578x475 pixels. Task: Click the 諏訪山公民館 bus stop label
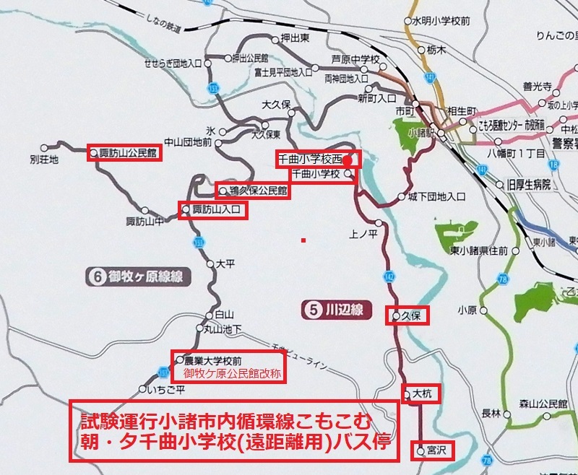[x=126, y=153]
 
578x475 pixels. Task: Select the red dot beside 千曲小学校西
[x=347, y=160]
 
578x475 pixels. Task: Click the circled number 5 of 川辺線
[x=313, y=312]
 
